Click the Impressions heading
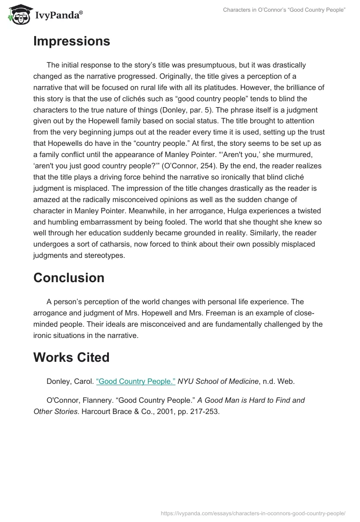(x=72, y=41)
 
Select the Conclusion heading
(x=69, y=278)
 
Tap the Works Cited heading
(x=72, y=357)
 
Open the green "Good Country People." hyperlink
(x=136, y=381)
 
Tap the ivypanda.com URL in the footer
(x=253, y=513)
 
